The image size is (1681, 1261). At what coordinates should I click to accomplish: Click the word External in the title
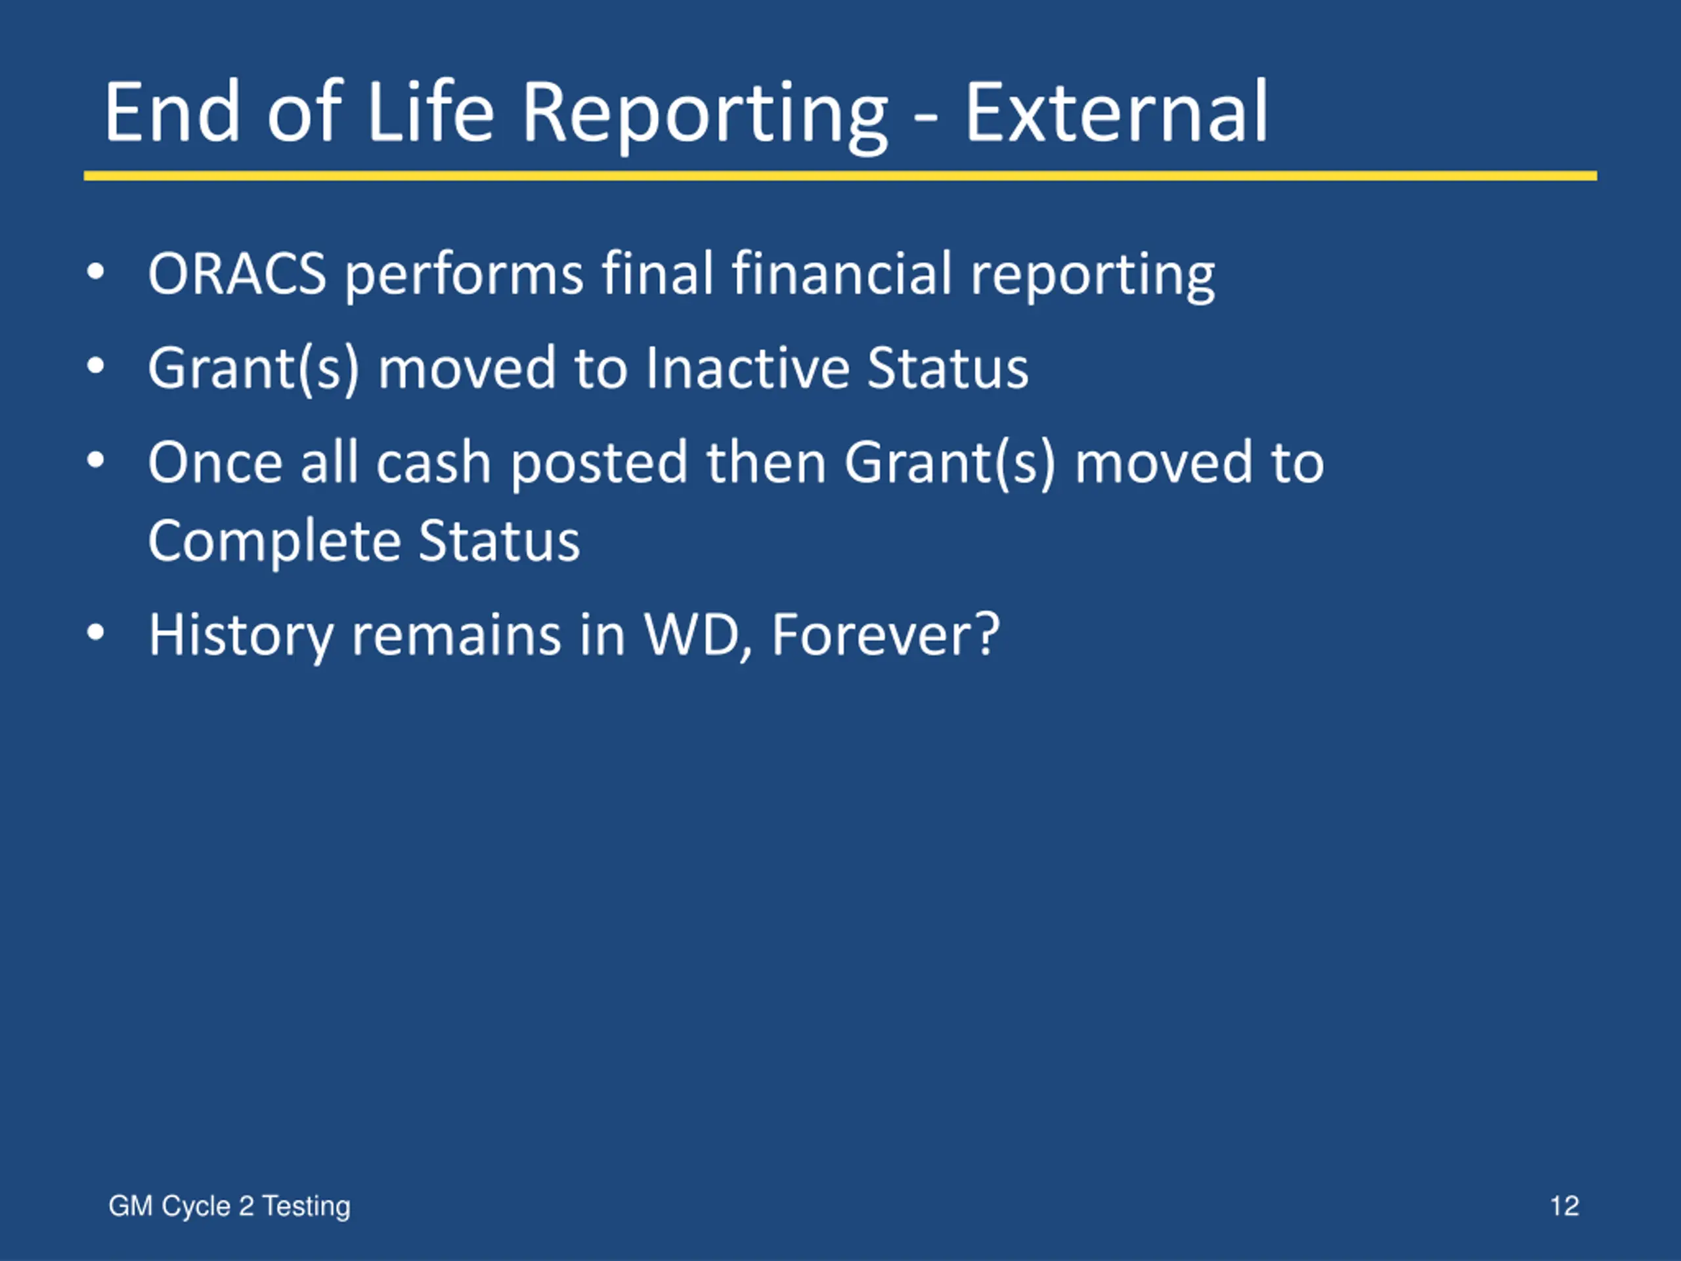click(x=1116, y=112)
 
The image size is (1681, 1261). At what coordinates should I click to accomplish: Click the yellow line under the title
click(x=840, y=175)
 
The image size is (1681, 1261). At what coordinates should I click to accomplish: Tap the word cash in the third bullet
click(x=433, y=462)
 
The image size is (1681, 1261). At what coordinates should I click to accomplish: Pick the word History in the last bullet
click(x=241, y=636)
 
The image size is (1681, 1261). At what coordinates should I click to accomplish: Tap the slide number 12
click(x=1564, y=1206)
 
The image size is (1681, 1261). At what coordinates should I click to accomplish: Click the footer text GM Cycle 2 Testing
click(x=230, y=1207)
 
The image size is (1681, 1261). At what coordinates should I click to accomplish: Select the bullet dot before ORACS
click(x=95, y=272)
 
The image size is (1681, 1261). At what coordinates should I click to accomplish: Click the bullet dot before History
click(x=95, y=633)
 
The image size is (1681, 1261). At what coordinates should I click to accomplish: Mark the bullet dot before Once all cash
click(x=95, y=460)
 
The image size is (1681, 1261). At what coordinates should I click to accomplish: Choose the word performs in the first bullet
click(x=464, y=275)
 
